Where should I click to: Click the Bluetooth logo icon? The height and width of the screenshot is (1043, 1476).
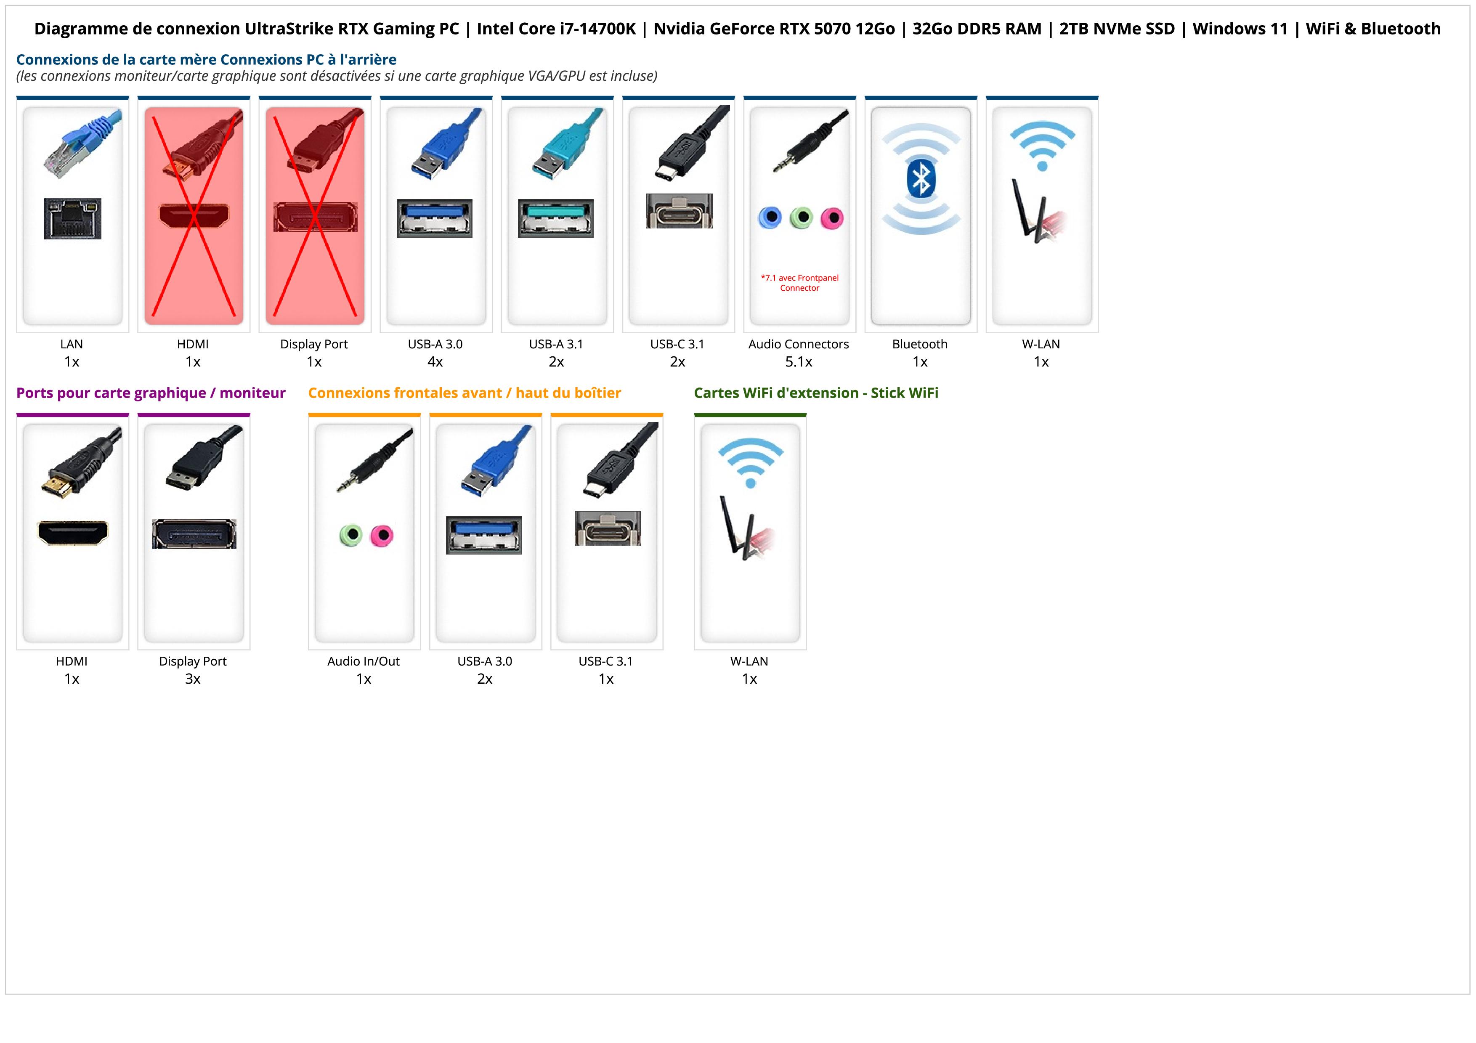pyautogui.click(x=921, y=179)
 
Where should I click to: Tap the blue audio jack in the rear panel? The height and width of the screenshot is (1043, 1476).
pyautogui.click(x=770, y=218)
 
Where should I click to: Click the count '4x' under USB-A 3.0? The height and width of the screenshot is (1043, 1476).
pyautogui.click(x=435, y=362)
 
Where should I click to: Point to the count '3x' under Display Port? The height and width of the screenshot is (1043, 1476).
pyautogui.click(x=193, y=679)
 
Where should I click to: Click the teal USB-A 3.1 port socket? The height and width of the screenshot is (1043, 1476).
pyautogui.click(x=556, y=218)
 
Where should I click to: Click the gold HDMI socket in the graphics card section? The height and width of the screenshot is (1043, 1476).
pyautogui.click(x=73, y=533)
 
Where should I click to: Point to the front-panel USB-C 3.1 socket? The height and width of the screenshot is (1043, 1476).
pyautogui.click(x=608, y=528)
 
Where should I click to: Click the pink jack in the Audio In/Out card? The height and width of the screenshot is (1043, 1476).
pyautogui.click(x=382, y=535)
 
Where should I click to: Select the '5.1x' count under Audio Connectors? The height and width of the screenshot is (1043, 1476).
pyautogui.click(x=799, y=362)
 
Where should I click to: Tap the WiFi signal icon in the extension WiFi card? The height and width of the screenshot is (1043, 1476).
pyautogui.click(x=750, y=462)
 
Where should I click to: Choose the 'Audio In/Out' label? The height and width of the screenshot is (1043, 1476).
pyautogui.click(x=363, y=661)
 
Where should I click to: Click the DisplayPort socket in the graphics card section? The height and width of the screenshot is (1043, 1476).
pyautogui.click(x=194, y=534)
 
